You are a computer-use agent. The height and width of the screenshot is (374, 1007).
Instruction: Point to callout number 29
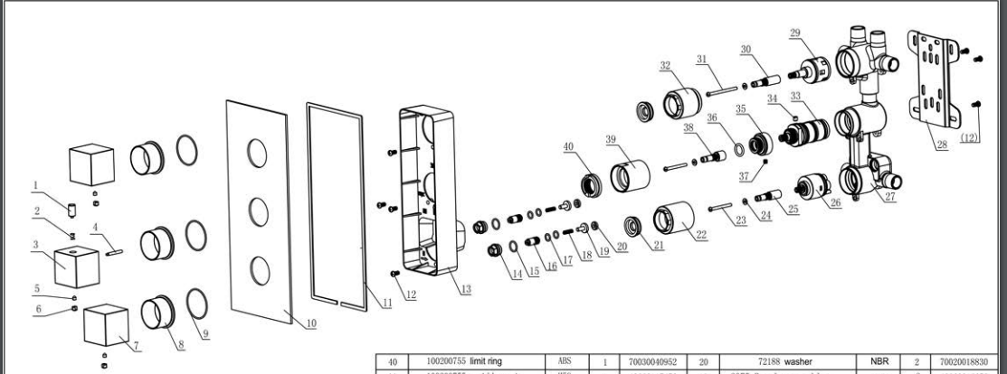tap(795, 33)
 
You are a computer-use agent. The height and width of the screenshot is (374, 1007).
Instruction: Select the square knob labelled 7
tap(109, 330)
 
